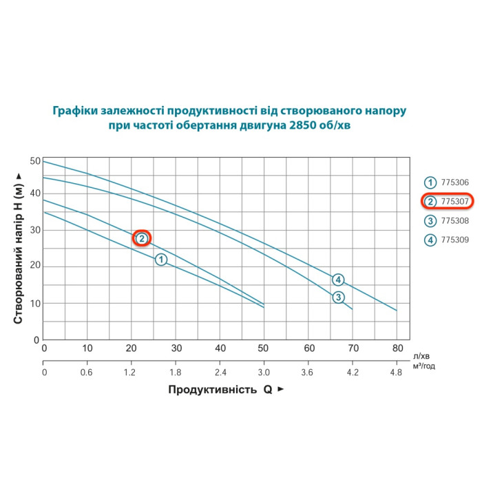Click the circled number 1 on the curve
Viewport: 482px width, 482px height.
click(161, 260)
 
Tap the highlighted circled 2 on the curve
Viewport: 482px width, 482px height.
click(141, 238)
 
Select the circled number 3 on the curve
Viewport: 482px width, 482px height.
click(338, 297)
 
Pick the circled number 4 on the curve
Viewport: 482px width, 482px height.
click(338, 280)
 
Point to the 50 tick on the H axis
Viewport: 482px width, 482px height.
click(35, 160)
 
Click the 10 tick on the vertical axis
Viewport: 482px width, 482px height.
click(35, 303)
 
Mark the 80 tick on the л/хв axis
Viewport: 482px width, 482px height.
click(397, 348)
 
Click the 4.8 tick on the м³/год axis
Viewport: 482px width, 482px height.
click(397, 373)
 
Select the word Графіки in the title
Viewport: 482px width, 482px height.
click(77, 111)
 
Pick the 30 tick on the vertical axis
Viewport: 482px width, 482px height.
click(35, 231)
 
